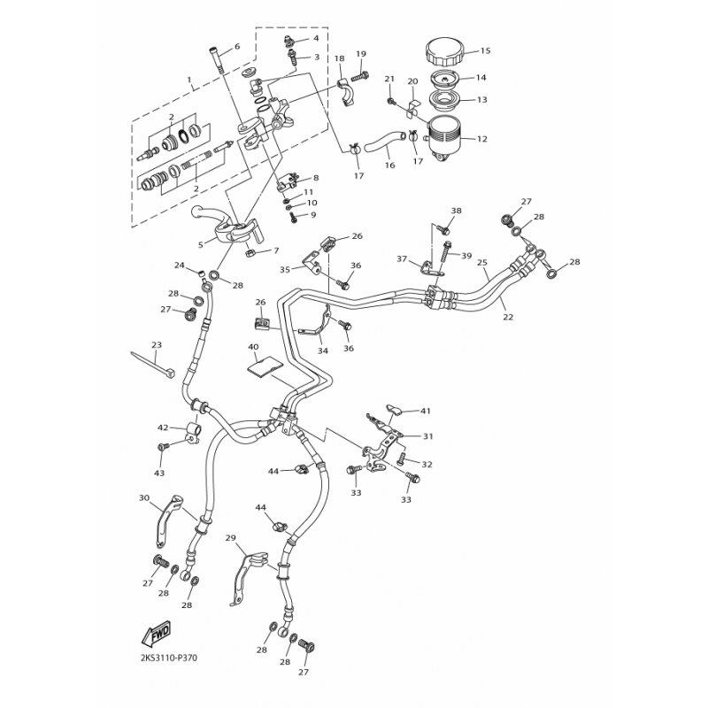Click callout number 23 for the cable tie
pos(157,345)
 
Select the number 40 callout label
pos(253,346)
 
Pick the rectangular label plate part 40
pos(265,366)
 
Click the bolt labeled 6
pos(216,59)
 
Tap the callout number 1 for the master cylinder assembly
pos(189,80)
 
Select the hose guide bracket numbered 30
pos(169,520)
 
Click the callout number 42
pos(163,427)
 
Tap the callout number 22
pos(508,317)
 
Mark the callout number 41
pos(426,411)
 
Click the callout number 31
pos(427,436)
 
